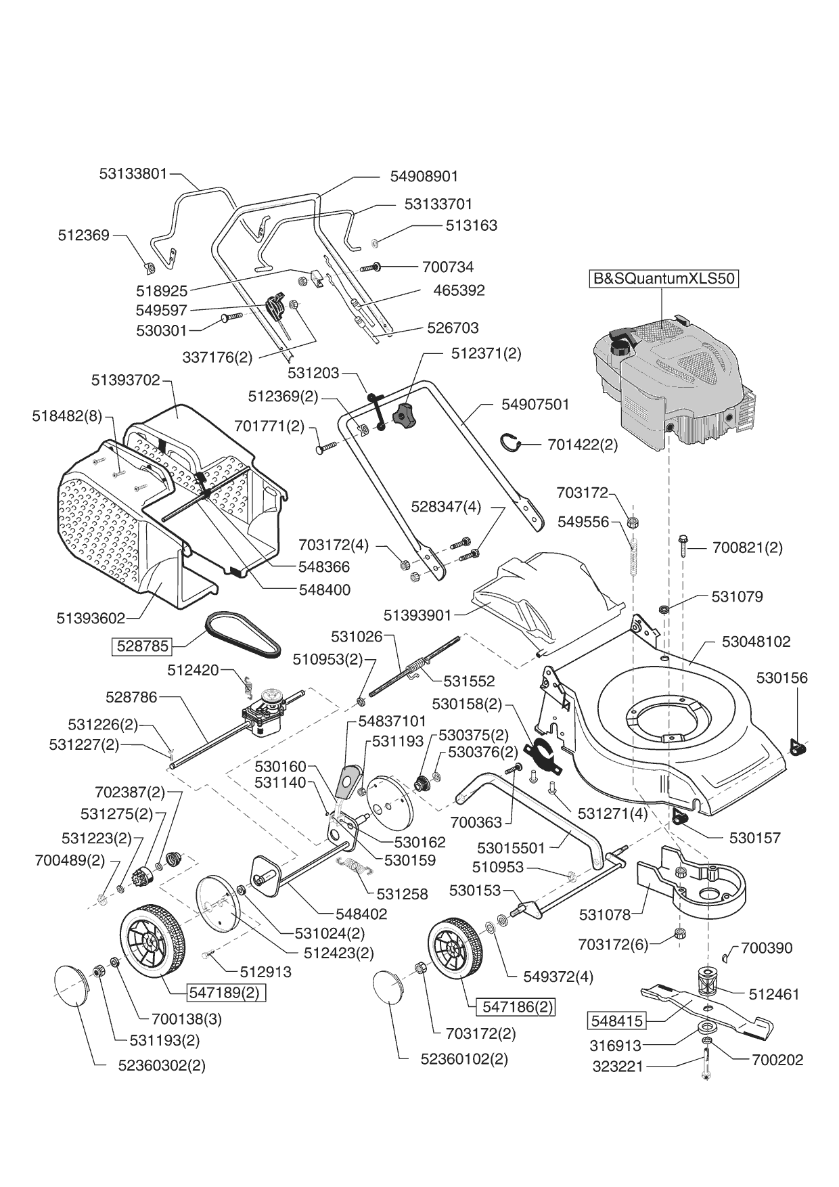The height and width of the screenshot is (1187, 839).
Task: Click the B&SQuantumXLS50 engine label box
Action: [663, 279]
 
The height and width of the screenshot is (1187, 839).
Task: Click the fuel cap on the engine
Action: [620, 347]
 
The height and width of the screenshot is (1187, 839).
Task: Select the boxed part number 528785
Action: [142, 646]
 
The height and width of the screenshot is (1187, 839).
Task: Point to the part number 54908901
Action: [424, 176]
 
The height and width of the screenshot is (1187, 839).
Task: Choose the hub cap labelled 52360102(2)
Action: [390, 995]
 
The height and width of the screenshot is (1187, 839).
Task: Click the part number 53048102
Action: [756, 642]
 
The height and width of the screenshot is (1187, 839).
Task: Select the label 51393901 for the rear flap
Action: [417, 615]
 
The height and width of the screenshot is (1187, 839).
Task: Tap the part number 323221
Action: [617, 1067]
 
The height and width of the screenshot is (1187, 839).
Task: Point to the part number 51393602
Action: [91, 618]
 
